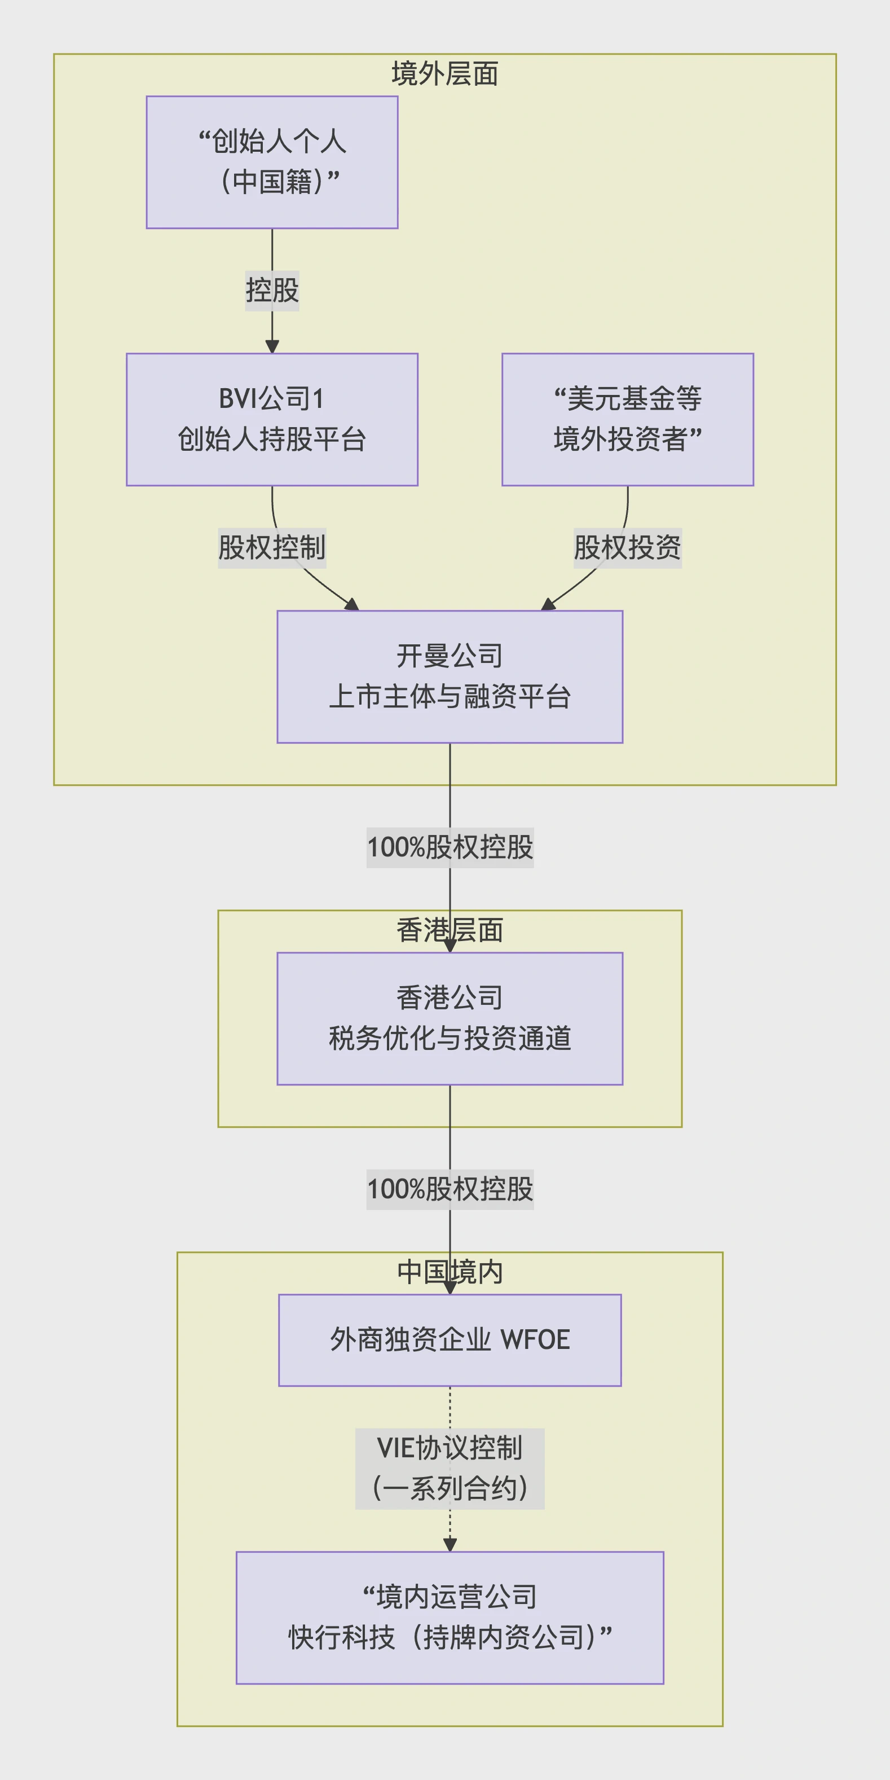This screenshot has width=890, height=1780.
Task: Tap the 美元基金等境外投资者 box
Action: click(x=627, y=419)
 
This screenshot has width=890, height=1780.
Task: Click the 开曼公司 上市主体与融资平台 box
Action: click(x=450, y=676)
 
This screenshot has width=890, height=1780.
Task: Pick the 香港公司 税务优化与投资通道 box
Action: click(x=450, y=1018)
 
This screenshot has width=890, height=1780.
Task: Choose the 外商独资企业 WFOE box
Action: click(x=450, y=1339)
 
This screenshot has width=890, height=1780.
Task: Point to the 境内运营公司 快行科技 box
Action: click(x=450, y=1617)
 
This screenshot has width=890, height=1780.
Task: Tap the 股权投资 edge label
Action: click(x=627, y=547)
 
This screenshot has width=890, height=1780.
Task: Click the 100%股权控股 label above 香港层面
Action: click(x=450, y=847)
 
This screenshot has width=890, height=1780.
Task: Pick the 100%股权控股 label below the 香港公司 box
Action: click(x=450, y=1189)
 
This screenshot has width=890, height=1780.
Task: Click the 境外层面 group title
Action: click(x=444, y=73)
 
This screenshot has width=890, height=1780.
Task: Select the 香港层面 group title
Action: click(x=450, y=930)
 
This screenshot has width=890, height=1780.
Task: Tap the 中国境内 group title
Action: click(x=450, y=1272)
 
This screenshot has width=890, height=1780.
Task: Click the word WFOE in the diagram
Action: click(x=535, y=1339)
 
